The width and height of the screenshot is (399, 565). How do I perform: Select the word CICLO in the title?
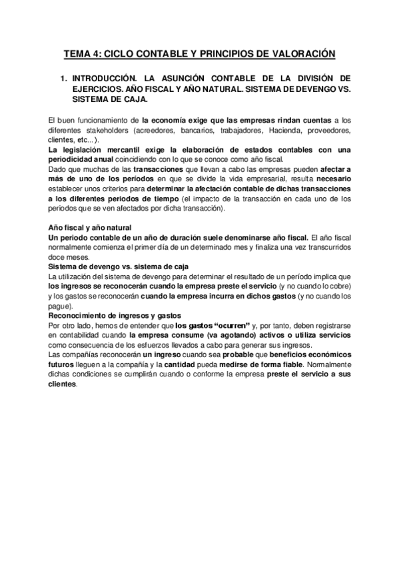(x=123, y=53)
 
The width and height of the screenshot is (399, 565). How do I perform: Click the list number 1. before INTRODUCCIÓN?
(x=64, y=79)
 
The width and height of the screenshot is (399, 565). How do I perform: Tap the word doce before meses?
(x=58, y=256)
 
